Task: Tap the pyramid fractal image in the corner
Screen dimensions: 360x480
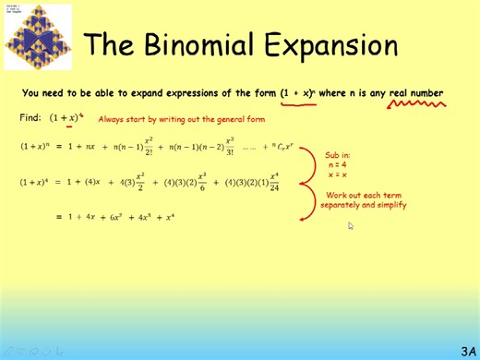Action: pos(37,36)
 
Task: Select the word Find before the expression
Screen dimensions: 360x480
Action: pos(30,118)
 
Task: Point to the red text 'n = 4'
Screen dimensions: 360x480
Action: pos(338,164)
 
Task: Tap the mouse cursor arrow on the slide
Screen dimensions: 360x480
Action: pos(351,225)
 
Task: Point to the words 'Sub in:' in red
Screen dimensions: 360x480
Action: pos(338,154)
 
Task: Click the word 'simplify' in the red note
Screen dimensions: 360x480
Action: pos(388,205)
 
